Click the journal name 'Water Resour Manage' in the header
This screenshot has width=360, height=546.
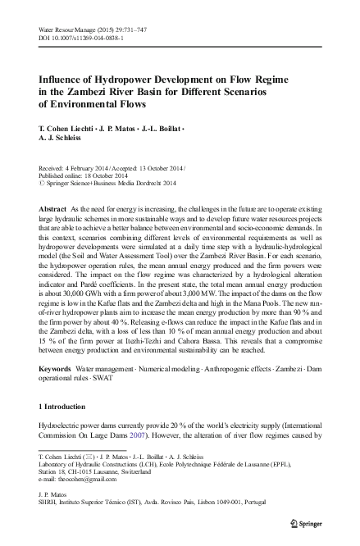click(x=66, y=28)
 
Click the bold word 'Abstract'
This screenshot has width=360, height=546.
click(x=53, y=211)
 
